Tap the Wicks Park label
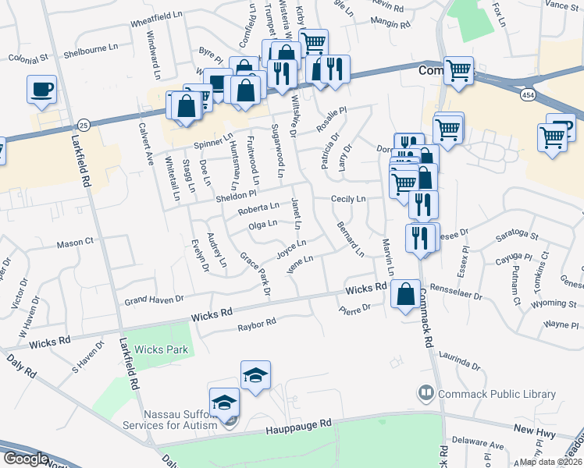pyautogui.click(x=161, y=349)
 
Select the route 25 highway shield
pyautogui.click(x=84, y=125)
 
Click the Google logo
pyautogui.click(x=26, y=459)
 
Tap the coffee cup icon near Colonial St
pyautogui.click(x=41, y=88)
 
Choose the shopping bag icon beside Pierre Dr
pyautogui.click(x=405, y=294)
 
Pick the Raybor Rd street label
pyautogui.click(x=258, y=324)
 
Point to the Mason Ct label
pyautogui.click(x=75, y=244)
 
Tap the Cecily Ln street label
pyautogui.click(x=348, y=200)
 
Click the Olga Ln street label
pyautogui.click(x=262, y=225)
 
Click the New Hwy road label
pyautogui.click(x=534, y=430)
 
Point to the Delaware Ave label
pyautogui.click(x=486, y=446)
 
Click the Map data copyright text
pyautogui.click(x=550, y=462)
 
